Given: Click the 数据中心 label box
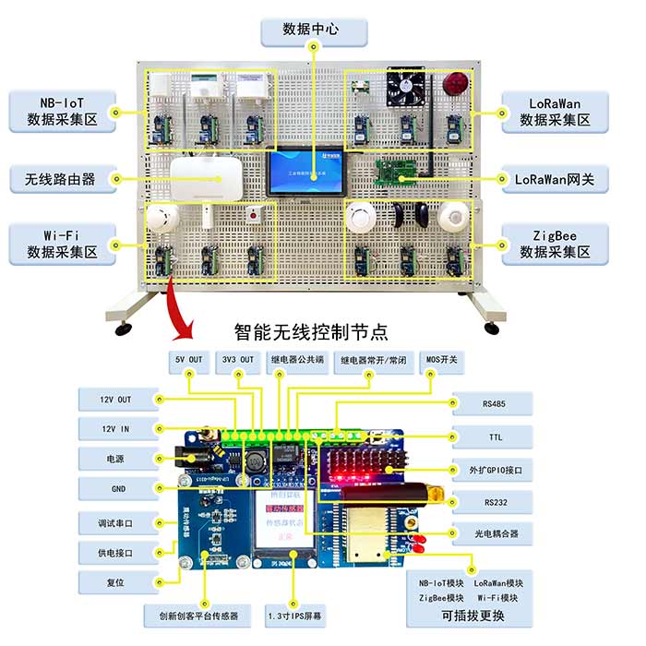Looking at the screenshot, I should coord(313,30).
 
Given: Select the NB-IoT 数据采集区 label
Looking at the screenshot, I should coord(63,110).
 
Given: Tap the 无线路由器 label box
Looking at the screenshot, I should coord(63,178).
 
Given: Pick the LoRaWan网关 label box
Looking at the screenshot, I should coord(555,178).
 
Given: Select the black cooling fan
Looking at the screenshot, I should coord(406,87).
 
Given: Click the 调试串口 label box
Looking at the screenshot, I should coord(117,523).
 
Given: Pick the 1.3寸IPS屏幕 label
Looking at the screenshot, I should coord(293,614).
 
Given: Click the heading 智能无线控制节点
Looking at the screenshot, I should coord(311,330).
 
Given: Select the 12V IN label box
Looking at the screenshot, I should coord(117,428).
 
